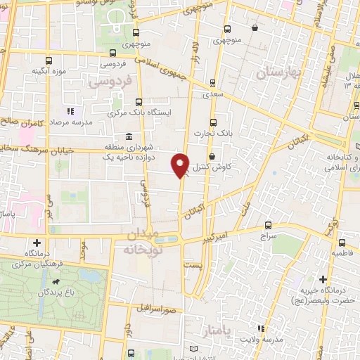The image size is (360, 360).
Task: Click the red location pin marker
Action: pyautogui.click(x=181, y=165)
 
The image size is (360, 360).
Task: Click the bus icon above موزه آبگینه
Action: pyautogui.click(x=49, y=60)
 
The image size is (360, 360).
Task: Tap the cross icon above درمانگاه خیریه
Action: pyautogui.click(x=323, y=279)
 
